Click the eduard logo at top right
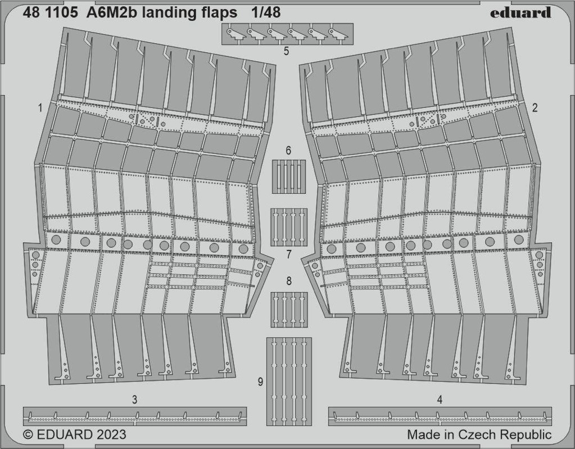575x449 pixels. (520, 12)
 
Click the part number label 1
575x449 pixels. (40, 108)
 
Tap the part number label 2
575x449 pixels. (535, 108)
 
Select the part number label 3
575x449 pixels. (134, 400)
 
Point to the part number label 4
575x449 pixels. (440, 400)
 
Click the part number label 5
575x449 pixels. (287, 51)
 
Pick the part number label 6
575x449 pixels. (288, 151)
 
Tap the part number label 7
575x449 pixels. (288, 255)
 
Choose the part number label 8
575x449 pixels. (289, 281)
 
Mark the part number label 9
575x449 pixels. (260, 382)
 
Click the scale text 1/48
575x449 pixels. (266, 12)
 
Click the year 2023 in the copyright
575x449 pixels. (111, 435)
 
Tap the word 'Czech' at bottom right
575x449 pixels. (477, 435)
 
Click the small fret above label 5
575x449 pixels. (288, 34)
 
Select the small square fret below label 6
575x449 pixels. (289, 176)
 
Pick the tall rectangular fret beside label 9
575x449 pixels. (289, 382)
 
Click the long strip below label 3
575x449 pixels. (134, 416)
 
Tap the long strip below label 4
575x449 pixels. (440, 416)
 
